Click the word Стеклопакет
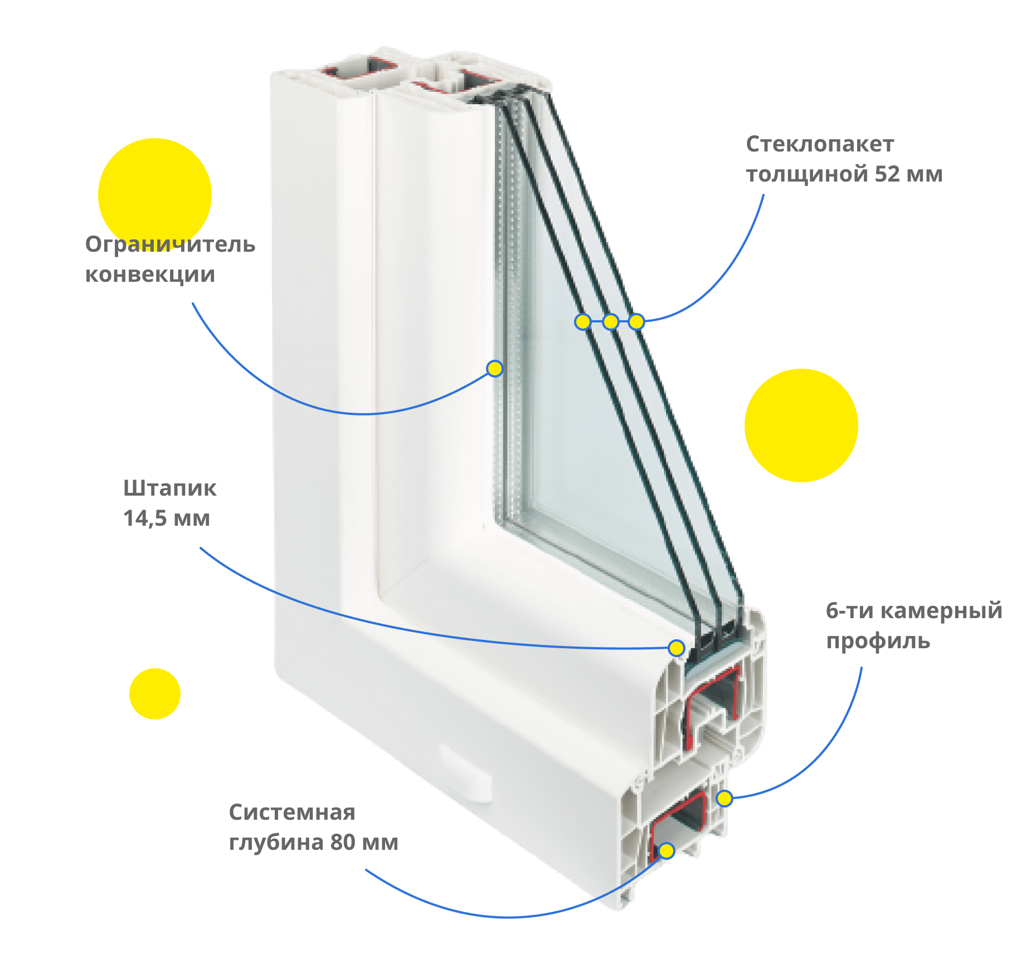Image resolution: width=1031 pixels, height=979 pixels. click(x=820, y=144)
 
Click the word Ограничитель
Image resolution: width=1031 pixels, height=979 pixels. click(x=170, y=244)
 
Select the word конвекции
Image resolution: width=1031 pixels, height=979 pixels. click(x=150, y=274)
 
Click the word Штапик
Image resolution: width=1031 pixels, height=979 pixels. click(x=170, y=488)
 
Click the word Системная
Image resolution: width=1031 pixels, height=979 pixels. click(x=292, y=812)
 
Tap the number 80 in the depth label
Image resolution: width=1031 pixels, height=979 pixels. click(x=342, y=842)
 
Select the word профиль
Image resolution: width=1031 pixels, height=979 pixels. click(x=878, y=641)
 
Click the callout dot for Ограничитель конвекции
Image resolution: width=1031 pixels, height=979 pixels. click(x=494, y=368)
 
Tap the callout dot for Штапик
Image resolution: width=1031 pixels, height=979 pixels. click(x=676, y=648)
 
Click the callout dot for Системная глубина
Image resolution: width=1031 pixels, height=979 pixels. click(x=667, y=850)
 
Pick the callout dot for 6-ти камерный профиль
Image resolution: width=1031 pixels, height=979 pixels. click(x=723, y=799)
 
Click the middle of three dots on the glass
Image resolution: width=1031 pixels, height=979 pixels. click(x=611, y=321)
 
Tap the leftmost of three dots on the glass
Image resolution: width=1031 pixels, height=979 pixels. click(x=583, y=321)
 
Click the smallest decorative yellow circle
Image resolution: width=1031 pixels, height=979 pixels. click(x=154, y=693)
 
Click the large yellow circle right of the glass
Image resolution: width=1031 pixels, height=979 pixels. click(x=801, y=425)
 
